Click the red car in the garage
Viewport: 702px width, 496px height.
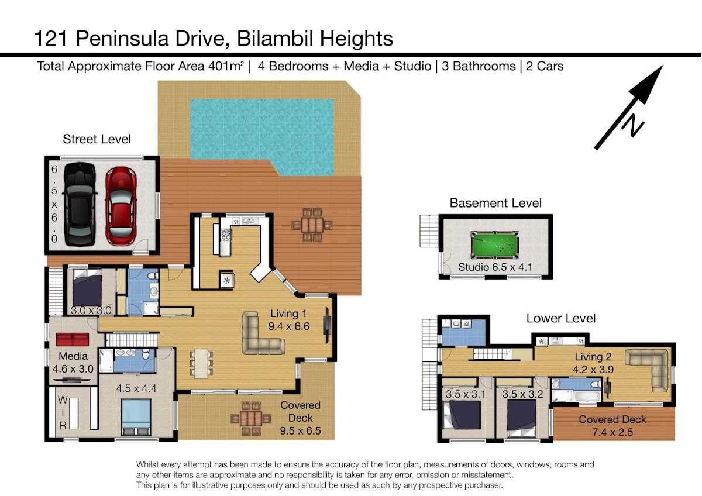click(121, 206)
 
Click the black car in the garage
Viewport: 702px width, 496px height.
click(80, 204)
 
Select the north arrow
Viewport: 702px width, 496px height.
click(629, 107)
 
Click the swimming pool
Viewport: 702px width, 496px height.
click(262, 137)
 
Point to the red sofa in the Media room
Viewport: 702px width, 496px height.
click(73, 340)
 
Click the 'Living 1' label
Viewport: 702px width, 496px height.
click(288, 314)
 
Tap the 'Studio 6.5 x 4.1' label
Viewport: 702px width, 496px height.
click(495, 267)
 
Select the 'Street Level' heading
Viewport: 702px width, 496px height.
click(97, 139)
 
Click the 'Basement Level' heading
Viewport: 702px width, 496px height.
click(495, 203)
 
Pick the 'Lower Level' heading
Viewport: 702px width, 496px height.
click(560, 318)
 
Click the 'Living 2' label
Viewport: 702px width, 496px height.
click(593, 357)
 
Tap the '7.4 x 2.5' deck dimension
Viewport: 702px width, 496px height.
click(612, 432)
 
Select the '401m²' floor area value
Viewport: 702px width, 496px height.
click(226, 66)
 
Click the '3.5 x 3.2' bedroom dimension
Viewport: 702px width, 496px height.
click(522, 394)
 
